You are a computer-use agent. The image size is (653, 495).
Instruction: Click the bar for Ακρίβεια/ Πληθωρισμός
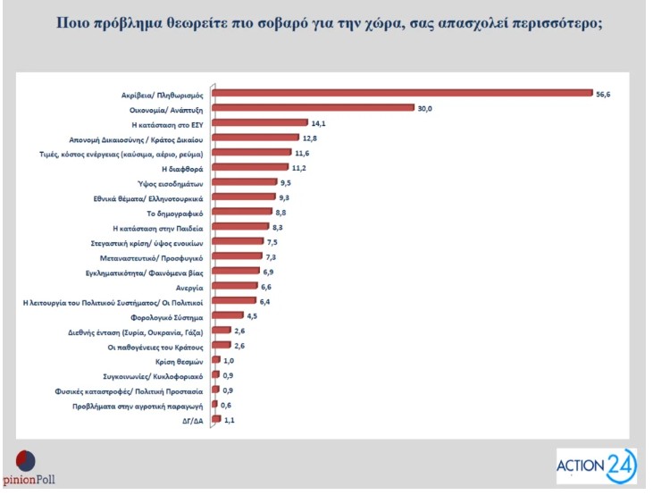(x=402, y=92)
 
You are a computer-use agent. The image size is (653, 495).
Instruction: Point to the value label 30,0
(x=425, y=107)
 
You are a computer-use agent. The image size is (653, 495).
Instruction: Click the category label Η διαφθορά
(x=184, y=167)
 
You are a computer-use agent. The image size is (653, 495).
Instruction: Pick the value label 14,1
(x=317, y=122)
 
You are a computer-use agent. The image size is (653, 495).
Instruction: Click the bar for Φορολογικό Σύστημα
(x=226, y=315)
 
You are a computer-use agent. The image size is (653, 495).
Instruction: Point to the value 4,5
(x=254, y=315)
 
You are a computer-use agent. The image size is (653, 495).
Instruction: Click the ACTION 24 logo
(x=596, y=466)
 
